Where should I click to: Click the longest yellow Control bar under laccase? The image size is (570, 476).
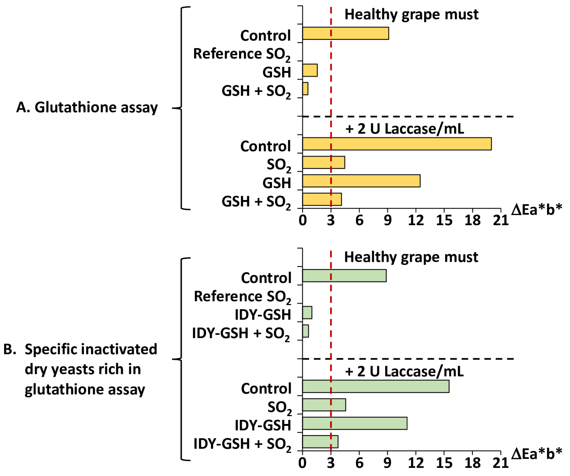pos(397,144)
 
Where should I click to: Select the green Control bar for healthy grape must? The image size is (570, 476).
pos(344,276)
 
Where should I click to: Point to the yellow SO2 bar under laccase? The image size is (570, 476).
pos(324,162)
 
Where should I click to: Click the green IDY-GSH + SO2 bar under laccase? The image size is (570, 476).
pos(320,442)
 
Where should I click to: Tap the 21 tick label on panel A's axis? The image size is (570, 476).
pos(500,220)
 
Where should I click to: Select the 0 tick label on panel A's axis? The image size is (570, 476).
pos(303,220)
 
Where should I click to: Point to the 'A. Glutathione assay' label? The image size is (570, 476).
pos(87,107)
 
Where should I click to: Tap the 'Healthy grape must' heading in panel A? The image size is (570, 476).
pos(411,14)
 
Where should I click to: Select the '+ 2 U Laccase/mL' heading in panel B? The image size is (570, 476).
pos(404,371)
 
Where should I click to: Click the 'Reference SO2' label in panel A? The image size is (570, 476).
pos(241,54)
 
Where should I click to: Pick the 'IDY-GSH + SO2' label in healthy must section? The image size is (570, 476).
pos(241,333)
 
